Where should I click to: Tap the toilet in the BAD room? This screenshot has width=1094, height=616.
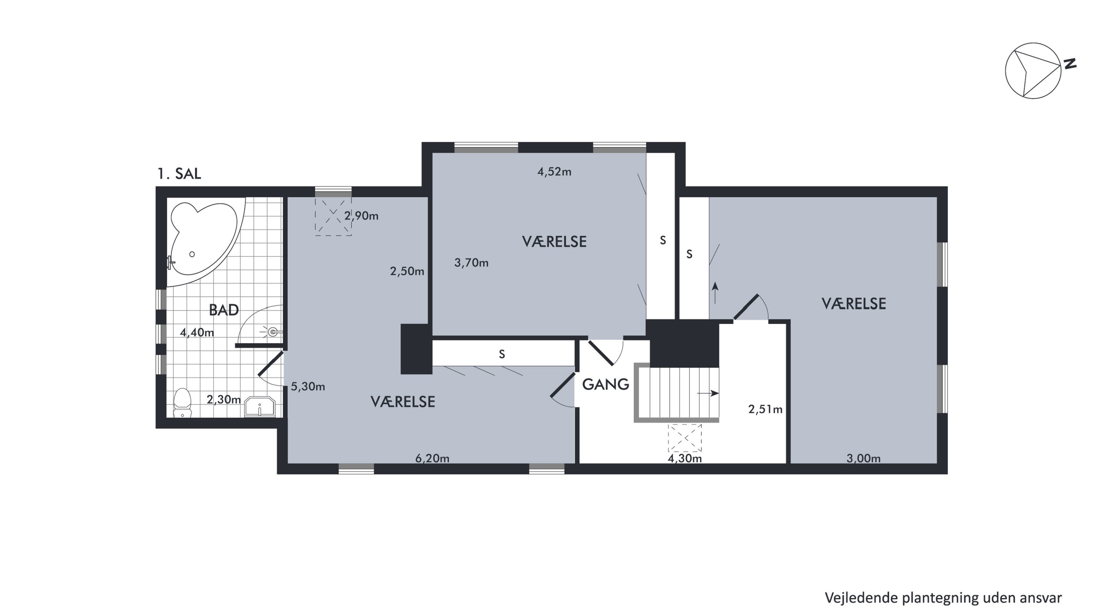point(183,402)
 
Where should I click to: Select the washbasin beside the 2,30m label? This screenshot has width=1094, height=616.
point(260,407)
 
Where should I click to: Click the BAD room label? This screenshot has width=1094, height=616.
point(224,310)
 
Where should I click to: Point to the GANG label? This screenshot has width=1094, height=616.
point(605,384)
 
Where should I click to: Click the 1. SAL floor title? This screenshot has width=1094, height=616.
point(179,173)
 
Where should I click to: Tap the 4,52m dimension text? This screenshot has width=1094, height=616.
point(554,172)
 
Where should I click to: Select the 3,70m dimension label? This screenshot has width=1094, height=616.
point(472,263)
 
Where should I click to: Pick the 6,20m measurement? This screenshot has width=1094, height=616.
point(432,458)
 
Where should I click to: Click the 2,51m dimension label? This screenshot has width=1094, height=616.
point(765,409)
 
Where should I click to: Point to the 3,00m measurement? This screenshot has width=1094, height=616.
point(864,458)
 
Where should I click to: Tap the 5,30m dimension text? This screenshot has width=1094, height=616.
point(308,386)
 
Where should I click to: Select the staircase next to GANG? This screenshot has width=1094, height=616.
point(676,393)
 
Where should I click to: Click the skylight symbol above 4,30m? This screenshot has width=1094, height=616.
point(684,438)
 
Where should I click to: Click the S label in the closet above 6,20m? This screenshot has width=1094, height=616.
point(502,354)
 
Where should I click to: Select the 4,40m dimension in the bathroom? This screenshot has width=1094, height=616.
point(197,332)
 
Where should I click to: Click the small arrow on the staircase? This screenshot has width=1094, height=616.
point(707,393)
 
